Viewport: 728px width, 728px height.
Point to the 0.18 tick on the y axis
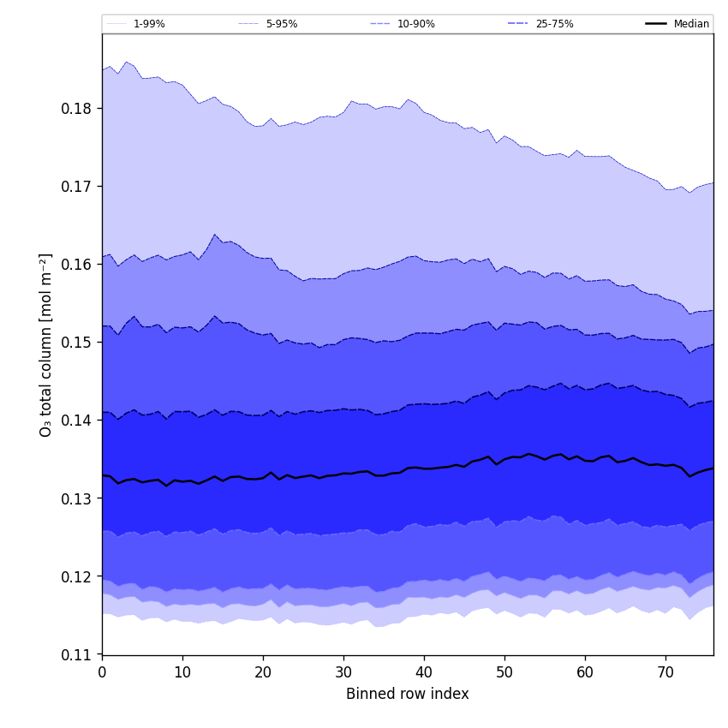tap(77, 109)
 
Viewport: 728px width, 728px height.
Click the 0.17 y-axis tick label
tap(77, 187)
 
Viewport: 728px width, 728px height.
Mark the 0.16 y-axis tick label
tap(77, 265)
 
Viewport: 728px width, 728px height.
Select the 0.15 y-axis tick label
tap(77, 343)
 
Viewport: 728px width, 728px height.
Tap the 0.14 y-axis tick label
tap(77, 421)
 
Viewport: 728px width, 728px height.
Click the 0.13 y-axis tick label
tap(77, 498)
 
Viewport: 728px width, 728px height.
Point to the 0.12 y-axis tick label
tap(77, 576)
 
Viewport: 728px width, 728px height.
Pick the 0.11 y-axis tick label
tap(77, 655)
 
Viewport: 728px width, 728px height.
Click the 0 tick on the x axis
tap(102, 672)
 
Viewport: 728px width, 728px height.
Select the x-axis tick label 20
tap(263, 672)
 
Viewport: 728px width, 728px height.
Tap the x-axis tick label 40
tap(424, 672)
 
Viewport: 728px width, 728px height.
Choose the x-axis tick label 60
tap(585, 672)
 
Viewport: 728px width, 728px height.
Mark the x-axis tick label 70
tap(665, 672)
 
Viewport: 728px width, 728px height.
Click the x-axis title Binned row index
tap(408, 695)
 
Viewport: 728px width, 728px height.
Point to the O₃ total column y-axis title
tap(46, 344)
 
